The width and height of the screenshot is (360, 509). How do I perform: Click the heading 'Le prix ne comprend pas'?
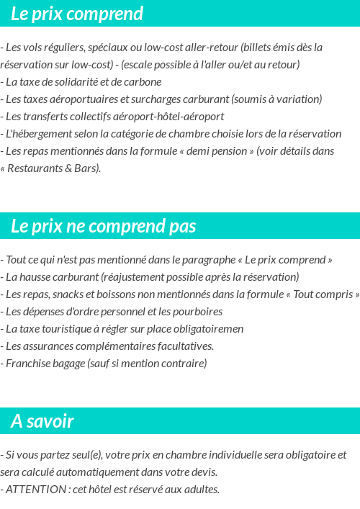103,226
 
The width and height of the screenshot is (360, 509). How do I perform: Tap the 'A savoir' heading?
42,421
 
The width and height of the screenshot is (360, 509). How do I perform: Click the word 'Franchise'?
27,364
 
